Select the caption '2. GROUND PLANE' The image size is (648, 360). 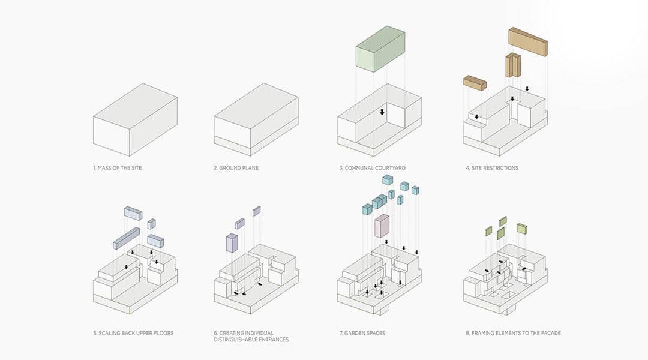(x=236, y=168)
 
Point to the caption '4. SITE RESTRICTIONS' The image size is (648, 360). (x=492, y=168)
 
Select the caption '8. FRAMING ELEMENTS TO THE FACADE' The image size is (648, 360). (x=514, y=333)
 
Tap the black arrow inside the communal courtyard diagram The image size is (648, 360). (x=382, y=112)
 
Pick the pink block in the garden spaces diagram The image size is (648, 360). (x=382, y=226)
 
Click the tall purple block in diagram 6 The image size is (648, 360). (x=232, y=242)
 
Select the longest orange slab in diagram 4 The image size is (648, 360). (x=527, y=41)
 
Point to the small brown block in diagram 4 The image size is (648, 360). (x=475, y=83)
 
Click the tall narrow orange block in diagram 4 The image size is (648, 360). (x=512, y=65)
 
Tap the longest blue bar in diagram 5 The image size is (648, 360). (x=126, y=238)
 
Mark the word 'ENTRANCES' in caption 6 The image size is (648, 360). (x=269, y=340)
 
